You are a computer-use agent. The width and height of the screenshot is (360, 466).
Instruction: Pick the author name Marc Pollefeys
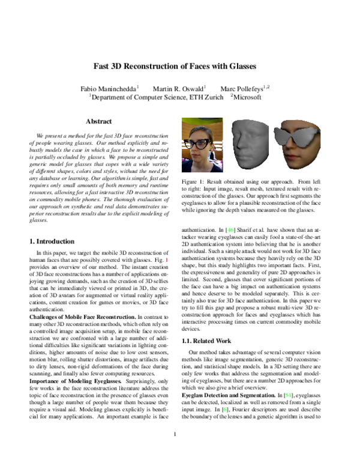[243, 88]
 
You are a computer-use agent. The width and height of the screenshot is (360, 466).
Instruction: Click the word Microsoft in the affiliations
[247, 97]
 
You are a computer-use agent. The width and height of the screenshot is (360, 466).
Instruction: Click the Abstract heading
[98, 121]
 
